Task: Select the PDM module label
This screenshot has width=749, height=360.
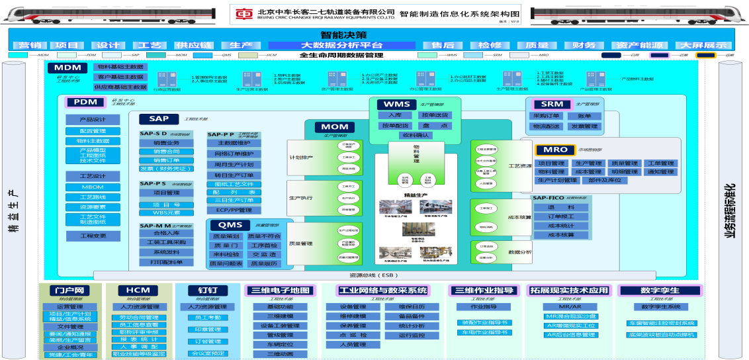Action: coord(85,102)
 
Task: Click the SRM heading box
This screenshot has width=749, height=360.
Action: coord(552,104)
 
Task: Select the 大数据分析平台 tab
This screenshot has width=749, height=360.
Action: coord(341,45)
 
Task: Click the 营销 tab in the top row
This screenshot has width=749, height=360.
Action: coord(29,45)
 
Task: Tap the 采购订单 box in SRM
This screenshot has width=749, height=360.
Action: coord(547,116)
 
